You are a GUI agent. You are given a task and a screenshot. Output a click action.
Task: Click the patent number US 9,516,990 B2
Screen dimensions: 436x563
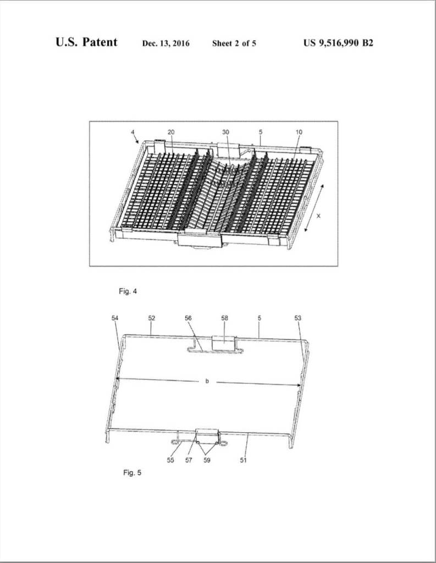coord(338,43)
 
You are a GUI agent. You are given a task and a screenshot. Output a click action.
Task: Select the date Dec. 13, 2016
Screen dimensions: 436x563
coord(166,43)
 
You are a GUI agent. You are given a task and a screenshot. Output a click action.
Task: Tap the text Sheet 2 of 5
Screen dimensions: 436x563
coord(234,43)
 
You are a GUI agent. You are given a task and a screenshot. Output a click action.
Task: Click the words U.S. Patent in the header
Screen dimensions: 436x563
coord(86,42)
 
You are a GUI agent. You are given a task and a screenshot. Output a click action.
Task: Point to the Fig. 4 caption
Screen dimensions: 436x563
coord(128,291)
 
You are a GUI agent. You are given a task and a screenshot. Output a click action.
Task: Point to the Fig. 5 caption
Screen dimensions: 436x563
coord(132,472)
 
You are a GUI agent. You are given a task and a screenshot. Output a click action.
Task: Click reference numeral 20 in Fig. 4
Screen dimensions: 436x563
coord(171,132)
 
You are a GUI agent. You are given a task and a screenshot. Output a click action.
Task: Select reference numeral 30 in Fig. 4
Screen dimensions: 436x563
coord(225,132)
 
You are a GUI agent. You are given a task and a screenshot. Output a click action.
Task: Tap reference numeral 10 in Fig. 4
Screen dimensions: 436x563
coord(299,132)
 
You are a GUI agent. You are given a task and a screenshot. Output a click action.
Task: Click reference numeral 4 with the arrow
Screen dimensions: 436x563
coord(133,133)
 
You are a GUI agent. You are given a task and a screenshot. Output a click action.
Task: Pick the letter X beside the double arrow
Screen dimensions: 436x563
coord(318,216)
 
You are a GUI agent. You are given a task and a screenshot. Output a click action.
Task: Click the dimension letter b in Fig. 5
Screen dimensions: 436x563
coord(207,381)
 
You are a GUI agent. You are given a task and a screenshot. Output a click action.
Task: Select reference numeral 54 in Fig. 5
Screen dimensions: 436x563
coord(115,318)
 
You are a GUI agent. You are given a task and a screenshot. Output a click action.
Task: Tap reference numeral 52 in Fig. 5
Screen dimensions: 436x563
coord(152,318)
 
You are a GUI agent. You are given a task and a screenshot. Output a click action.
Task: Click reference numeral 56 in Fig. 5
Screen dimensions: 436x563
coord(188,318)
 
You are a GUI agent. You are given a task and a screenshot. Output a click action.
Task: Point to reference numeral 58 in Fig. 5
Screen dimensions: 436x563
coord(225,318)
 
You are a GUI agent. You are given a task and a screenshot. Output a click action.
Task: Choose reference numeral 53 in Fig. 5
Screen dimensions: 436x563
coord(298,318)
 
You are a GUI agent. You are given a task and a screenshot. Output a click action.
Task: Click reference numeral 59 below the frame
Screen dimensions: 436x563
coord(207,460)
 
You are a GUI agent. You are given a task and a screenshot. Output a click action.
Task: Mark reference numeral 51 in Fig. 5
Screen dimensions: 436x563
coord(243,460)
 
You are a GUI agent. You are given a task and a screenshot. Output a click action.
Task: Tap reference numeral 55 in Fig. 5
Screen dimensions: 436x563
coord(170,460)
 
